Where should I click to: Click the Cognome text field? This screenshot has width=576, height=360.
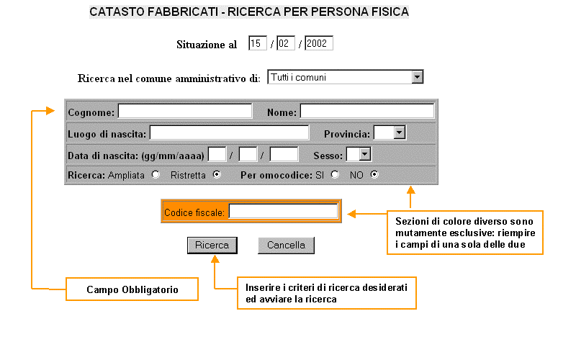click(185, 111)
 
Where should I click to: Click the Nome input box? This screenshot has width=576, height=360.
click(367, 111)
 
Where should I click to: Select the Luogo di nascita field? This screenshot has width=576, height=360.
click(229, 132)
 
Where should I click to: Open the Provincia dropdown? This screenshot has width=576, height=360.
click(400, 132)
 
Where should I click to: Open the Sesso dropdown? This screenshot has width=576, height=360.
click(364, 154)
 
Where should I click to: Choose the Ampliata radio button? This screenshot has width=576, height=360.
click(156, 174)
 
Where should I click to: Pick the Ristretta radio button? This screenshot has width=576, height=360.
click(217, 174)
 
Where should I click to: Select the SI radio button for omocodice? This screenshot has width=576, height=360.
click(335, 174)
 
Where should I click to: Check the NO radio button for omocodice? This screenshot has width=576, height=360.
click(373, 174)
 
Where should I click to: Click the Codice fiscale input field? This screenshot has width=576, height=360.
click(283, 212)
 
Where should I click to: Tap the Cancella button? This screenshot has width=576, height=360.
click(286, 246)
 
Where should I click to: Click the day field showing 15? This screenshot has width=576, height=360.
click(258, 43)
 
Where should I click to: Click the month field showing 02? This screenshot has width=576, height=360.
click(286, 43)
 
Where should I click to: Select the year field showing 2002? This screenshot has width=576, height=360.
click(318, 43)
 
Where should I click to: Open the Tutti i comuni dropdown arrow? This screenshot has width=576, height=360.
click(417, 77)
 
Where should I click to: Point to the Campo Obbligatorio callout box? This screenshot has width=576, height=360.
click(132, 289)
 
